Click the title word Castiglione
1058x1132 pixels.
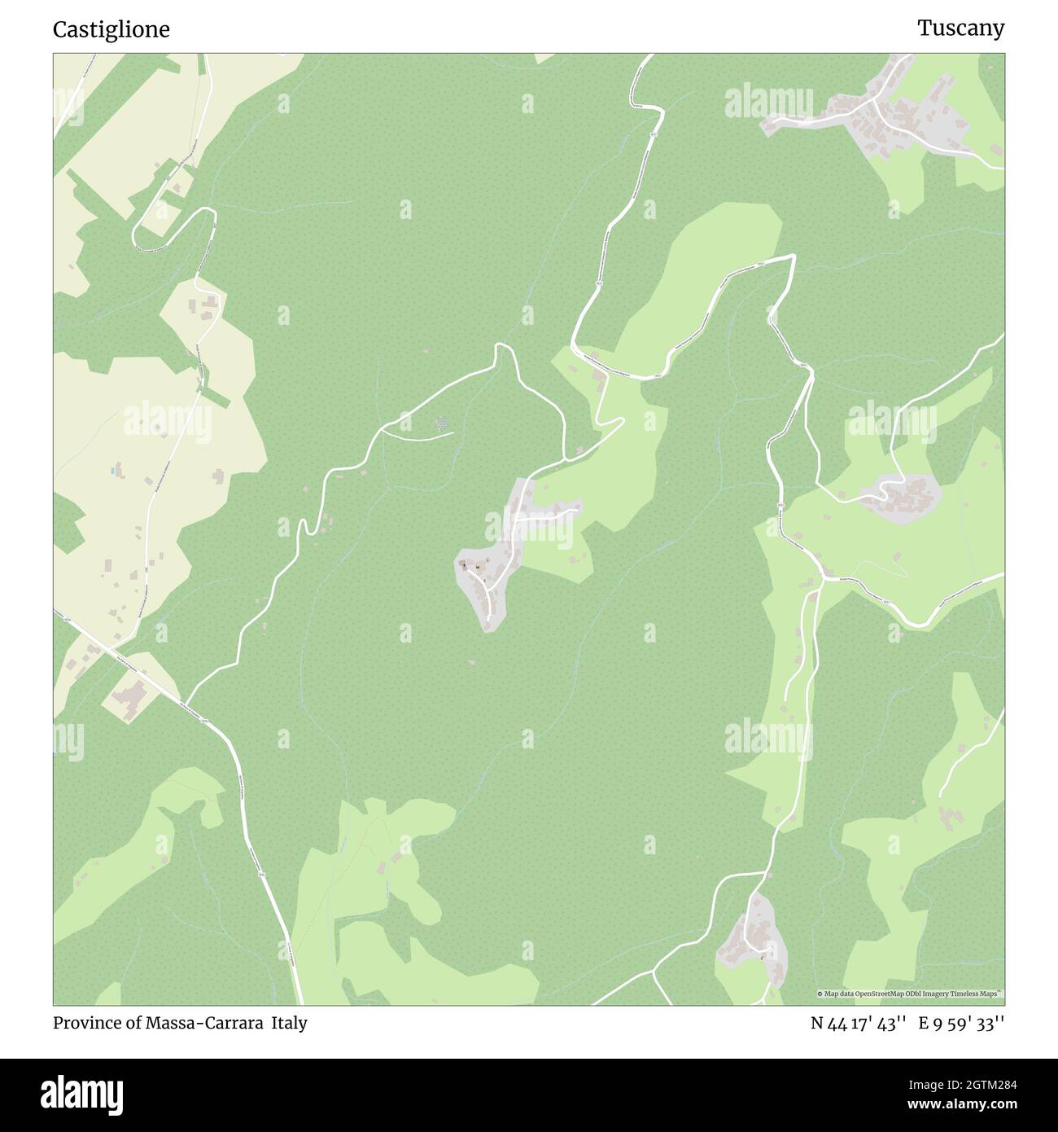[111, 29]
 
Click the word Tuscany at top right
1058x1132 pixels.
[960, 28]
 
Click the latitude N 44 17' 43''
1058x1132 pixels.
[859, 1023]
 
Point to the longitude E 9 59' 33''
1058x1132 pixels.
[961, 1023]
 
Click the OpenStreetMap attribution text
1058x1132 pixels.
[909, 994]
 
